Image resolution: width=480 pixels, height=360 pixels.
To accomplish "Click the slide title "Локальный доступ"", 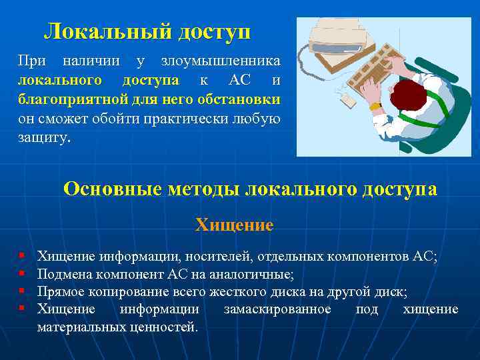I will [x=147, y=31].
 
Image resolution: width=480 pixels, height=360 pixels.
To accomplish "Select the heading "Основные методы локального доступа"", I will [x=250, y=189].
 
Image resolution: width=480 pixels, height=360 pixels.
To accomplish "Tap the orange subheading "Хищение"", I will [x=234, y=225].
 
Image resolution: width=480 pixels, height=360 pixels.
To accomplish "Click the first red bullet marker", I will [x=22, y=255].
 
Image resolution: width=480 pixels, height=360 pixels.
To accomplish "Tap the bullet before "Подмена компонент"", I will [x=22, y=273].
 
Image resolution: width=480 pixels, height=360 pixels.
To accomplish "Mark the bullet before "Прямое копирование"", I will [x=22, y=291].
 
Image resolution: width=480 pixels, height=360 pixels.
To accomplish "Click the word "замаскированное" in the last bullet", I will [x=277, y=309].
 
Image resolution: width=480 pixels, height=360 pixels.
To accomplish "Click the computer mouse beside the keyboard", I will [x=347, y=100].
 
